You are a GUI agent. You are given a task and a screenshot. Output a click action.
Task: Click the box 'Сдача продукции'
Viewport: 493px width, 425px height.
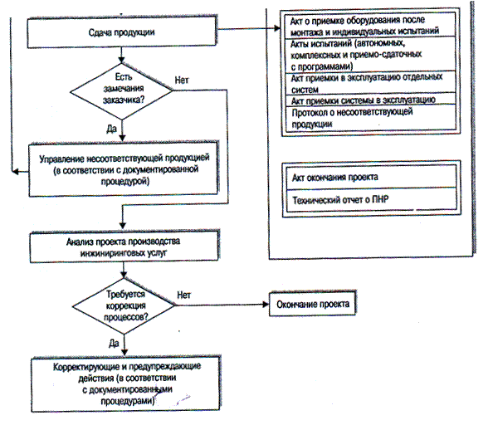click(x=122, y=32)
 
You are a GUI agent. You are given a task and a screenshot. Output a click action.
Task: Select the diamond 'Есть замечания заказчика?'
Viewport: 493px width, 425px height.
click(x=121, y=91)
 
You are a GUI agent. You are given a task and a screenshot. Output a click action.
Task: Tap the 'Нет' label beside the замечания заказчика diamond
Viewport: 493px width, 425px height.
click(x=182, y=81)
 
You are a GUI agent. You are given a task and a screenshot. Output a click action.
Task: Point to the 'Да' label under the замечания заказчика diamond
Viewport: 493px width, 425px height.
click(x=111, y=129)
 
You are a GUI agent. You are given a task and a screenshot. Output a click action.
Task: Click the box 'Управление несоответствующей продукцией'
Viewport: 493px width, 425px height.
click(x=123, y=169)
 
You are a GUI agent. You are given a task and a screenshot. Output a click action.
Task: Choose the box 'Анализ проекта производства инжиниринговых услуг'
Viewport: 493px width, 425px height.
click(x=124, y=247)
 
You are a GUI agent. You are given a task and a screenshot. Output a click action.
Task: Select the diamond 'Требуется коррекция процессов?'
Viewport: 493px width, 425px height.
click(x=124, y=305)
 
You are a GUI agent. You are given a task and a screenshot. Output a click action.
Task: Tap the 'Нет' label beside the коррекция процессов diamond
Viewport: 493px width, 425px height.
click(x=184, y=295)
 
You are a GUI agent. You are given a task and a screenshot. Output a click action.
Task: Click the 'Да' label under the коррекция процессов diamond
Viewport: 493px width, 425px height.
click(x=114, y=344)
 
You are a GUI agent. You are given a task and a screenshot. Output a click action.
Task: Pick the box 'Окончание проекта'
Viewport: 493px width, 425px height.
click(x=313, y=304)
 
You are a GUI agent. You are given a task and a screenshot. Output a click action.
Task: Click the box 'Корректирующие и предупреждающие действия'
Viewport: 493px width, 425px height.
click(x=126, y=384)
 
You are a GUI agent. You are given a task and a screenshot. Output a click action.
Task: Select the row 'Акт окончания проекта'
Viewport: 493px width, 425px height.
click(x=371, y=178)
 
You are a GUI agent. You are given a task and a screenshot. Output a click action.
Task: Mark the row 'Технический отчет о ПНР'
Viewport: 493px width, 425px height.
click(x=371, y=199)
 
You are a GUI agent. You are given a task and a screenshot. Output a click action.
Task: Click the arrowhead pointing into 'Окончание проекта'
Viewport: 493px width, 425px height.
click(x=266, y=305)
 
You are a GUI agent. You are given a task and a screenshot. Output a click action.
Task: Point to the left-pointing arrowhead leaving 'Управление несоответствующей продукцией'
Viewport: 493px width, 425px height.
click(x=15, y=172)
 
